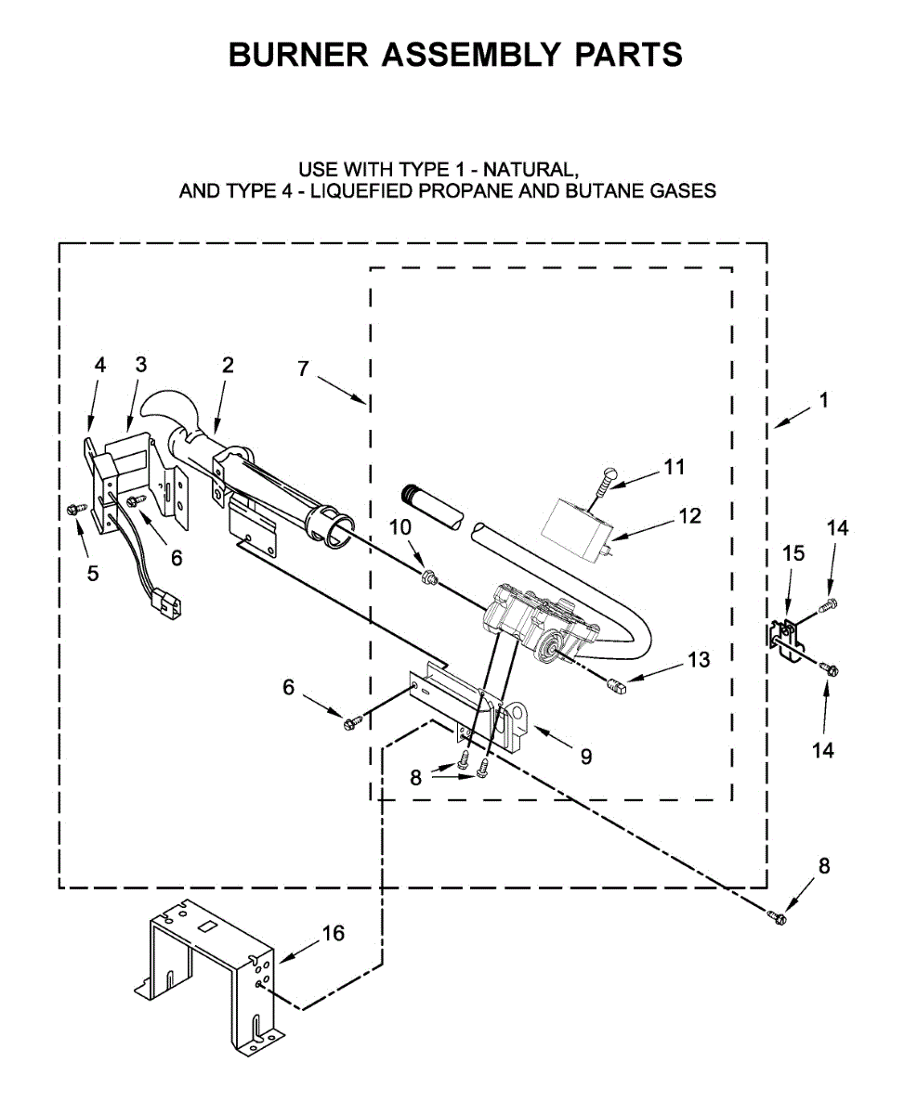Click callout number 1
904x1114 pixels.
pos(823,401)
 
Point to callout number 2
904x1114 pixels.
pos(228,366)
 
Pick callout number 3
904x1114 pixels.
pos(140,365)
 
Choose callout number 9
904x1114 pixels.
pos(585,757)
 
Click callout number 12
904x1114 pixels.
pos(689,516)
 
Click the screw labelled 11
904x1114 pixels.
pos(608,476)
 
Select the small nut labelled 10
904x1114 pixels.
pos(428,579)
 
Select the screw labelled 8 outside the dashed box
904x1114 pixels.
pos(777,917)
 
